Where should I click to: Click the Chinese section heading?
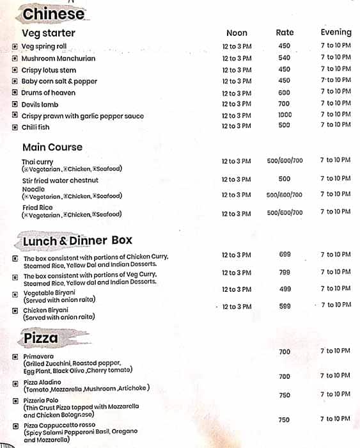(53, 13)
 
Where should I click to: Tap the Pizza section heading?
(41, 338)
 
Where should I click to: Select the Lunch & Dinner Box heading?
(77, 241)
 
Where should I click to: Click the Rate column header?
(285, 33)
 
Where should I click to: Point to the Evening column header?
(336, 32)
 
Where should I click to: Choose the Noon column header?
(237, 33)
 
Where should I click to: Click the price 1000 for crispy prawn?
(284, 115)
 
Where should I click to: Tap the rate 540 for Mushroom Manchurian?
(284, 58)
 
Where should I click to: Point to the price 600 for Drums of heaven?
(284, 92)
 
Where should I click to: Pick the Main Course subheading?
(52, 147)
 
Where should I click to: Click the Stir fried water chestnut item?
(61, 180)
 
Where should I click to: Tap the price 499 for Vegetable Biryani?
(285, 289)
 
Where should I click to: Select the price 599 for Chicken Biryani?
(285, 307)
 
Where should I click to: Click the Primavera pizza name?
(38, 356)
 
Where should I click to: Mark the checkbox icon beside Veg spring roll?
(15, 47)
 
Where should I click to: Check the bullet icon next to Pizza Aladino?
(15, 383)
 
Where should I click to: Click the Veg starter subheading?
(49, 33)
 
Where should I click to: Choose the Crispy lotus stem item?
(49, 70)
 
